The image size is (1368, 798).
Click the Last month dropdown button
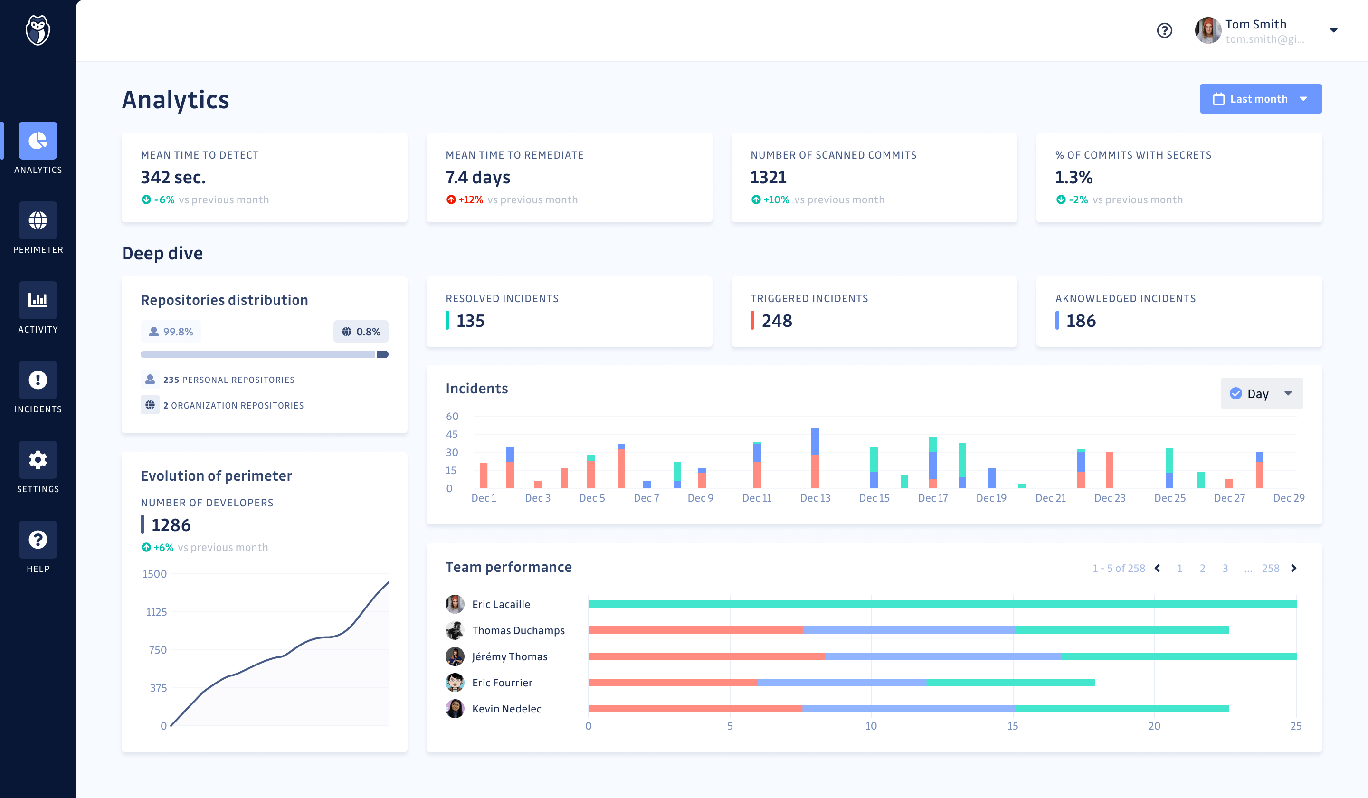(x=1260, y=99)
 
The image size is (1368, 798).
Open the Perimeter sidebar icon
(x=38, y=220)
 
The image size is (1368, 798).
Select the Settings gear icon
(x=38, y=460)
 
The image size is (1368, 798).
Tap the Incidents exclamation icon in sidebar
(x=38, y=380)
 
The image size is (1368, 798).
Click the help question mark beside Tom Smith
(x=1164, y=30)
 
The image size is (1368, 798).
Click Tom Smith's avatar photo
(x=1207, y=30)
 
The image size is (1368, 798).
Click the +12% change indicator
(x=470, y=200)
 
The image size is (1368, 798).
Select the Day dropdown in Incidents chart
(x=1261, y=394)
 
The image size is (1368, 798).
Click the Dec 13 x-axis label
(x=815, y=498)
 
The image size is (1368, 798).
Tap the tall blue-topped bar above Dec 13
(x=815, y=458)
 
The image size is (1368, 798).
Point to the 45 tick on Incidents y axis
(x=452, y=434)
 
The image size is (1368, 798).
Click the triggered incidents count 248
(x=777, y=321)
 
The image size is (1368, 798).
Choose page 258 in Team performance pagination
(x=1270, y=569)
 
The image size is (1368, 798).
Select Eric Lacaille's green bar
(x=942, y=604)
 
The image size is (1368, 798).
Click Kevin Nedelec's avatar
(x=455, y=708)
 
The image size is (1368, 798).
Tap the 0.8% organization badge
(x=361, y=332)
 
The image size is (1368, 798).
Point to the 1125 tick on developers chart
(x=156, y=612)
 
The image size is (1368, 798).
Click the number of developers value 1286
(x=171, y=525)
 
